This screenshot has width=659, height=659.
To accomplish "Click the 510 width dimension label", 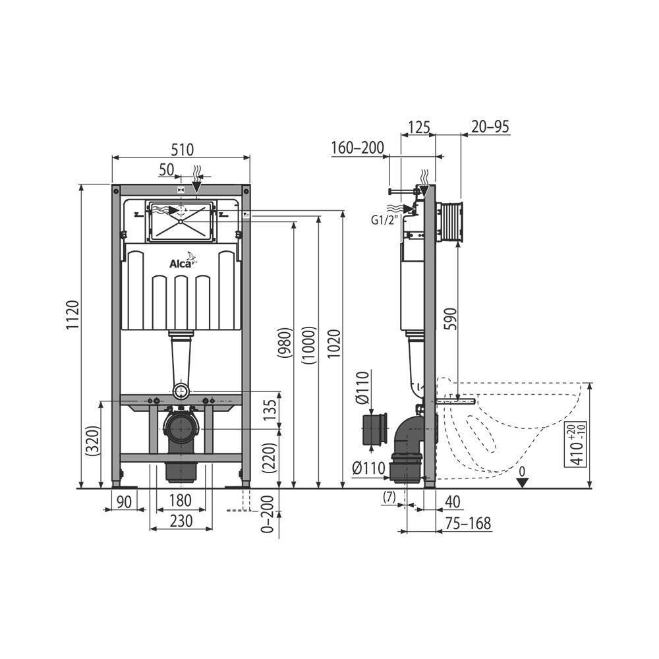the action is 183,150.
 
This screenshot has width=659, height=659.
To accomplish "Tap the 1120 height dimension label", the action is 72,315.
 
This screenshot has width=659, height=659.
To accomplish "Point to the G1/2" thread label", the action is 384,220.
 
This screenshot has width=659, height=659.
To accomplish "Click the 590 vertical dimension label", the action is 450,318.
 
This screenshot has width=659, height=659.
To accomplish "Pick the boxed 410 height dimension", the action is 578,445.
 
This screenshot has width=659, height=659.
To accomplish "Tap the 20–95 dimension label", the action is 490,127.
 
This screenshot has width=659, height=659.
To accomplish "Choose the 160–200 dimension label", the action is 357,148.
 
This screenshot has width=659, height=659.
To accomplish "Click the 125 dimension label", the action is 418,127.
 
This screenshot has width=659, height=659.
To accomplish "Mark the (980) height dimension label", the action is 285,343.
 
